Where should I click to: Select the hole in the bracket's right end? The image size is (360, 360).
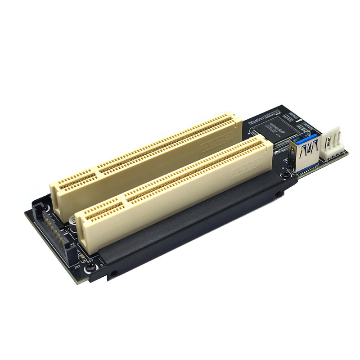click(x=279, y=194)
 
